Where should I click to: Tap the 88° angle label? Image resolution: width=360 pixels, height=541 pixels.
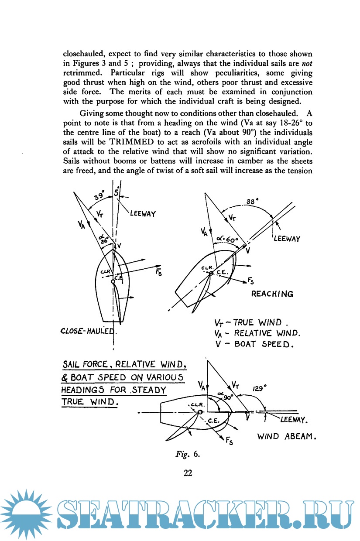coord(252,201)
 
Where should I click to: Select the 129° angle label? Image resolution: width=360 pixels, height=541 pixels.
coord(260,387)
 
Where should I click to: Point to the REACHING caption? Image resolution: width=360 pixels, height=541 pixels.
coord(272,294)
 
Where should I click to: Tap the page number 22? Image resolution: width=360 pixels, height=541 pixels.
coord(188,472)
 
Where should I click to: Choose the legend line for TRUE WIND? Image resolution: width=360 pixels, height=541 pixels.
coord(251,323)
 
